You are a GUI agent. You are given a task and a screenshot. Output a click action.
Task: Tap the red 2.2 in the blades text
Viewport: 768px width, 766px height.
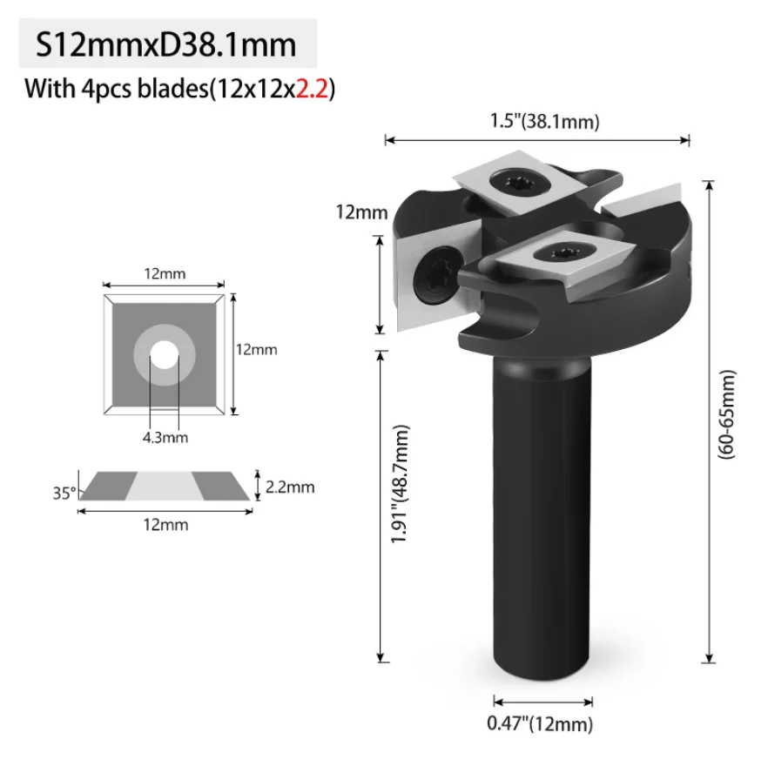pos(311,89)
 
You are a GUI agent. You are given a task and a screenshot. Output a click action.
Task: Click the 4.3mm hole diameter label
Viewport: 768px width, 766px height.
pos(165,437)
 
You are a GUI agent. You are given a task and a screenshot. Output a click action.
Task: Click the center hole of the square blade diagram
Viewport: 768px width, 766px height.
pos(164,354)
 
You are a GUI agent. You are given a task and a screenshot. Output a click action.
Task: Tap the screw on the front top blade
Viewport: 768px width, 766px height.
pos(555,252)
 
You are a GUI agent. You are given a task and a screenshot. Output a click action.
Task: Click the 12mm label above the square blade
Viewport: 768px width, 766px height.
pos(165,274)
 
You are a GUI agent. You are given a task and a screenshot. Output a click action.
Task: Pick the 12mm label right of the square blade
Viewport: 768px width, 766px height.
pos(257,349)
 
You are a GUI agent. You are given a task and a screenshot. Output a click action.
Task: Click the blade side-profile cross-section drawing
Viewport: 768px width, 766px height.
pos(166,487)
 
